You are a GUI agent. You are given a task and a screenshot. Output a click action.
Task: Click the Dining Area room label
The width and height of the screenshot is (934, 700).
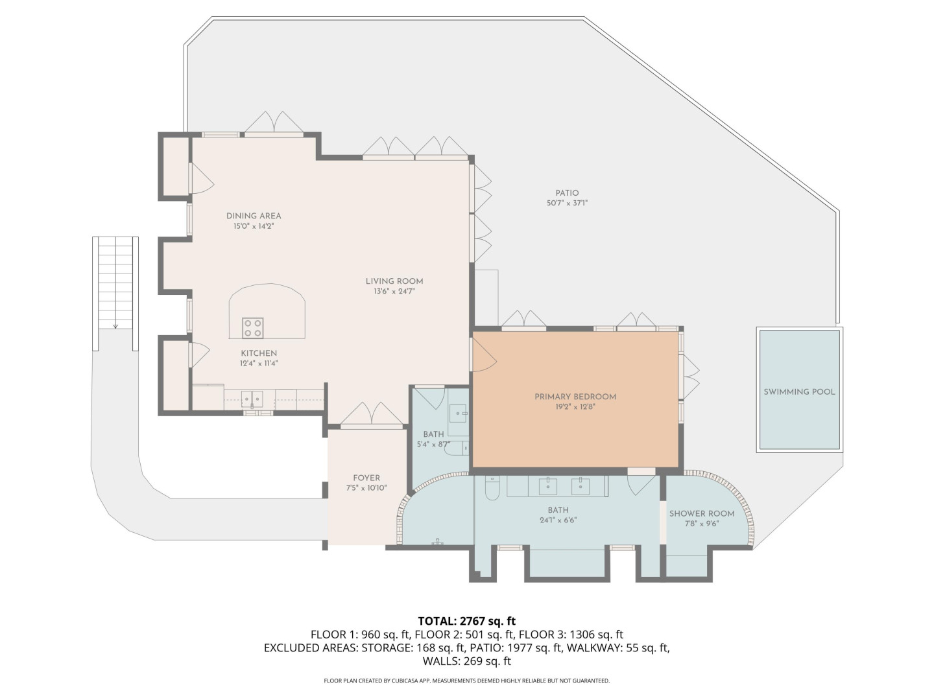tap(254, 216)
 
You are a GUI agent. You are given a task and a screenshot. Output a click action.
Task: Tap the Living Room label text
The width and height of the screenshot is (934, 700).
tap(394, 281)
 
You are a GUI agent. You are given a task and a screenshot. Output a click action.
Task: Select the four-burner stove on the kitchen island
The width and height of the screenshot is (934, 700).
tap(252, 328)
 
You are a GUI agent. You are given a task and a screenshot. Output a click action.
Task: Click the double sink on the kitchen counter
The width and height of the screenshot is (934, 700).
tap(252, 399)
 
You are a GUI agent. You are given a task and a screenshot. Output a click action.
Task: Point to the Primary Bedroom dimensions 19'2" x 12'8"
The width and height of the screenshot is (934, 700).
tap(575, 407)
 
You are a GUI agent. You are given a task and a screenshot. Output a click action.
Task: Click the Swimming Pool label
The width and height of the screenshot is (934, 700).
tap(799, 392)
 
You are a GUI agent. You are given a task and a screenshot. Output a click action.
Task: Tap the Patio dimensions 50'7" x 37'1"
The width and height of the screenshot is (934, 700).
tap(567, 203)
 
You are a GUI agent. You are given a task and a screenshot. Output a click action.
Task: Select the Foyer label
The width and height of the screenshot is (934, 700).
tap(366, 478)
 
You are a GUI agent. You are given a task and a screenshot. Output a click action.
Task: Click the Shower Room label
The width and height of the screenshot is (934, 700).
tap(702, 513)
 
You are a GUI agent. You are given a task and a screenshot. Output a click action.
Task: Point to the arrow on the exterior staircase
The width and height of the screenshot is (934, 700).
tap(115, 327)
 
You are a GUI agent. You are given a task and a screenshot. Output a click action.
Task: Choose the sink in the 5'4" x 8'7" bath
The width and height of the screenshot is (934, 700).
tap(459, 413)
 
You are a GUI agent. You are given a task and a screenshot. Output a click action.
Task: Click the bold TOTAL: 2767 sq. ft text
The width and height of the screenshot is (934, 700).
tap(467, 621)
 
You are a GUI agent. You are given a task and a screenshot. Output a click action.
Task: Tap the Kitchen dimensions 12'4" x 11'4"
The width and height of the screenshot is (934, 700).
tap(259, 364)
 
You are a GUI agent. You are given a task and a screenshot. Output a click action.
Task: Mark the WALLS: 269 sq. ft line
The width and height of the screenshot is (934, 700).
tap(467, 661)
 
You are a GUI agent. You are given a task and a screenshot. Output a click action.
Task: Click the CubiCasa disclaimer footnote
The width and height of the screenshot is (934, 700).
tap(467, 681)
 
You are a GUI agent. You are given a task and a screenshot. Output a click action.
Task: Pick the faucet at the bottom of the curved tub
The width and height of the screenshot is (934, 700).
tap(437, 541)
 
